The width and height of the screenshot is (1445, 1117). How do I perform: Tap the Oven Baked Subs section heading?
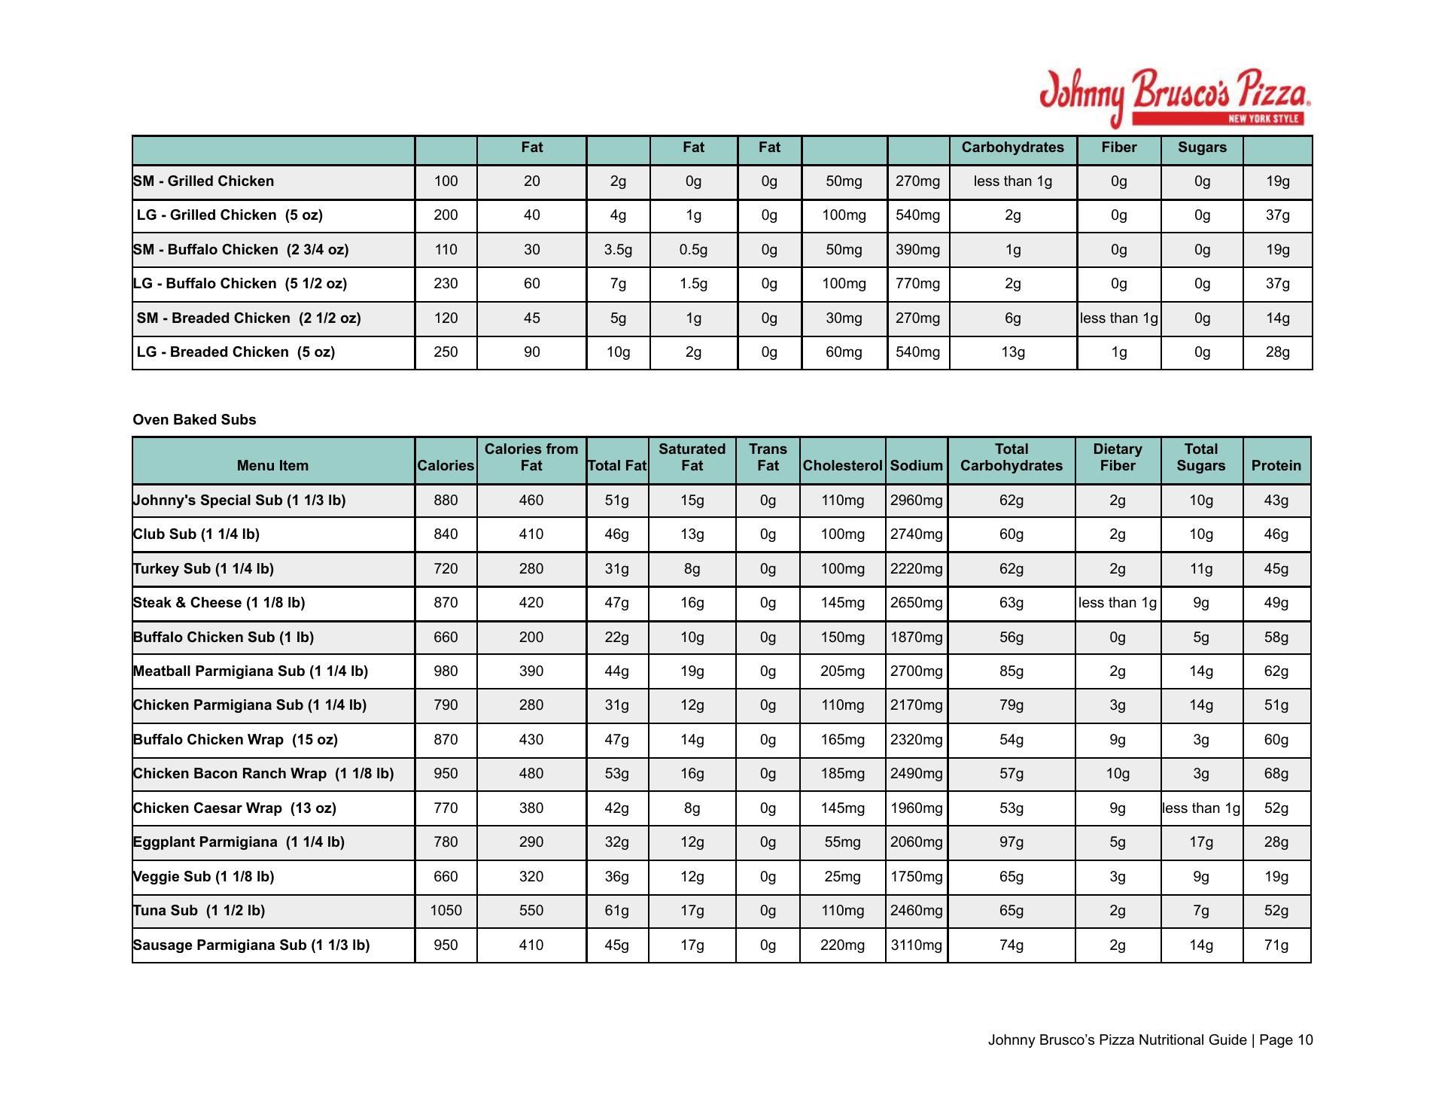coord(194,420)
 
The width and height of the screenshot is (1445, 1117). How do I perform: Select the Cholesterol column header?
coord(842,466)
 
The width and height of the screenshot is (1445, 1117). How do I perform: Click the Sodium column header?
coord(916,466)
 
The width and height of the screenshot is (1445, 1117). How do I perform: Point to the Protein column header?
coord(1276,466)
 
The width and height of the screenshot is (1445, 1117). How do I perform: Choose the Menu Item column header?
coord(272,466)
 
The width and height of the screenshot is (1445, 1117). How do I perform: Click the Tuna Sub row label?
coord(199,911)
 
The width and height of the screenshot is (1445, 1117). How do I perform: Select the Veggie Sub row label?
coord(203,877)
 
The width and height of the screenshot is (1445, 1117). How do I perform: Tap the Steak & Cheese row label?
coord(219,603)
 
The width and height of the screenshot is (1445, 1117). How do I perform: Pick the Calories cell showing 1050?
coord(446,911)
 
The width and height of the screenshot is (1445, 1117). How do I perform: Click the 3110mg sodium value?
coord(916,945)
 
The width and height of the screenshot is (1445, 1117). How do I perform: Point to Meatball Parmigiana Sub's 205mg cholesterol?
coord(842,671)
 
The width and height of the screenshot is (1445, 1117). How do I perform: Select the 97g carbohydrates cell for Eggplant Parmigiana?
coord(1011,842)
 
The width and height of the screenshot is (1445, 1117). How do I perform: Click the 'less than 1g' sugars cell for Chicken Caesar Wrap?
coord(1200,808)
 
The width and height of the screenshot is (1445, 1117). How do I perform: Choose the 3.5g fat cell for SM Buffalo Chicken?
coord(618,250)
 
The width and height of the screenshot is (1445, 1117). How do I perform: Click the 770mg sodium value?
coord(917,284)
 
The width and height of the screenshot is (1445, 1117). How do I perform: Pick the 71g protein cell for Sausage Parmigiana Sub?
coord(1276,945)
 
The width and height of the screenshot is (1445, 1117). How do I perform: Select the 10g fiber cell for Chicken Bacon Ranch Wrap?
coord(1117,774)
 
